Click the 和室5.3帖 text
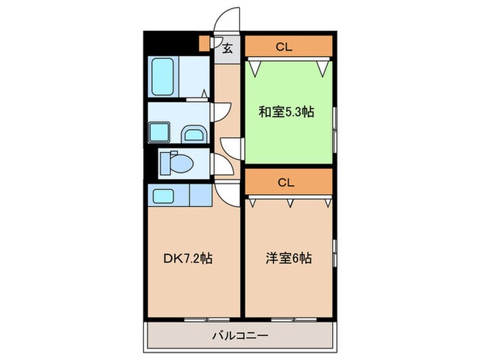pos(287,112)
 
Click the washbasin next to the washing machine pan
pos(194,133)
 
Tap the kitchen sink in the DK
pos(165,197)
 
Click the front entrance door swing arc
pos(227,19)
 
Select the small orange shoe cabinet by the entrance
pos(204,43)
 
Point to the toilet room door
pos(220,165)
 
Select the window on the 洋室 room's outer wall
pos(335,254)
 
